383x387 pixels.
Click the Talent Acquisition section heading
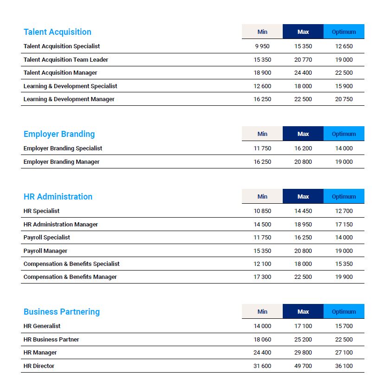click(57, 32)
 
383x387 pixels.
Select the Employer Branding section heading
click(59, 134)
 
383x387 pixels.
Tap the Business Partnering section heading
click(61, 312)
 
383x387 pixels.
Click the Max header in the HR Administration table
click(303, 197)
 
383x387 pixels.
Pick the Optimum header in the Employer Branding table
click(344, 134)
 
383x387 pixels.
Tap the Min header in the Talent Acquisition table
click(262, 32)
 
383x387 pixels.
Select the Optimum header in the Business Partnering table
click(344, 312)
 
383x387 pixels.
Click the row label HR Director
click(39, 366)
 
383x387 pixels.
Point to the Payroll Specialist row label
click(47, 238)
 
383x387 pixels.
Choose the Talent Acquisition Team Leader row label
click(66, 60)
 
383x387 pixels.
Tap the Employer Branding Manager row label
click(62, 162)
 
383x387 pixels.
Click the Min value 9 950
click(262, 46)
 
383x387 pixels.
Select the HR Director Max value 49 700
click(303, 366)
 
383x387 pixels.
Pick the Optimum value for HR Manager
click(344, 353)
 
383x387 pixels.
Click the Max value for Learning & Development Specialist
click(303, 86)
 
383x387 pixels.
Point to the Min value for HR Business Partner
click(262, 340)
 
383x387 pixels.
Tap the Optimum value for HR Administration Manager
click(344, 225)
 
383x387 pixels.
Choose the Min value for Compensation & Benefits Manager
click(262, 277)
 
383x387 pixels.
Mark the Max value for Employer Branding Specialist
click(303, 148)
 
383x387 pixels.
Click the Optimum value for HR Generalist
click(344, 326)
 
